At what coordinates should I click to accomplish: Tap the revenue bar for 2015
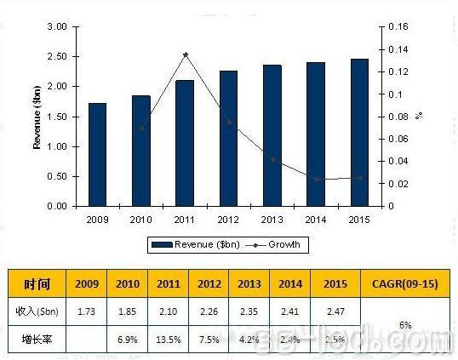click(359, 132)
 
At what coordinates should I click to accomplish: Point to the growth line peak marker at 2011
click(186, 54)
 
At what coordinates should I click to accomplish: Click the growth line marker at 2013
click(272, 159)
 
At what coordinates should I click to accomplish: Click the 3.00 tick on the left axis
click(56, 27)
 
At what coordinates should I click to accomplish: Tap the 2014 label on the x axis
click(316, 219)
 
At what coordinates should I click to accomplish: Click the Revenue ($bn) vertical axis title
click(37, 117)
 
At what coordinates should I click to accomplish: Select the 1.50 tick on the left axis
click(56, 117)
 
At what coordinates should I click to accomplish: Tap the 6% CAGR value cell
click(404, 325)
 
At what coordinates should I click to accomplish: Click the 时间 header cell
click(37, 283)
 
